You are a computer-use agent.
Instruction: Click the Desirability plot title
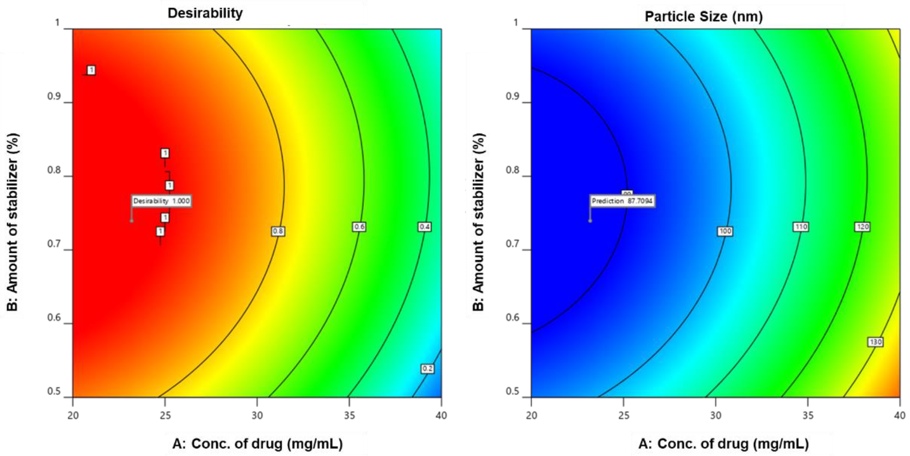tap(205, 13)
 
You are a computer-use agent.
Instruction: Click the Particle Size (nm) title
tap(703, 16)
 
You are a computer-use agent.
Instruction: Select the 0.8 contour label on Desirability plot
tap(278, 231)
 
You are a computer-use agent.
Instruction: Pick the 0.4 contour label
tap(424, 227)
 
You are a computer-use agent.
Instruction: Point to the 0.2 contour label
tap(427, 368)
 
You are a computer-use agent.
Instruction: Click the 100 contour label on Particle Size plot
tap(725, 231)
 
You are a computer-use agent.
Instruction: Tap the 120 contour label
tap(862, 227)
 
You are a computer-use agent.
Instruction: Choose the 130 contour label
tap(875, 342)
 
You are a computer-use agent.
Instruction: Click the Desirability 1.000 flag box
tap(161, 201)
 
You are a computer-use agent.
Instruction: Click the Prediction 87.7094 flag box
tap(622, 201)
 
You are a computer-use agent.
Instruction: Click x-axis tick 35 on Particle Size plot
tap(808, 415)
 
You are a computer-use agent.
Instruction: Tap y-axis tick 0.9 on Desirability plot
tap(54, 96)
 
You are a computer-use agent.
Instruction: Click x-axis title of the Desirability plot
tap(257, 444)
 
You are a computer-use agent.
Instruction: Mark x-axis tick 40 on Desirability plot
tap(441, 415)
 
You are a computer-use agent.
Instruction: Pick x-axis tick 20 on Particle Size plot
tap(531, 415)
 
